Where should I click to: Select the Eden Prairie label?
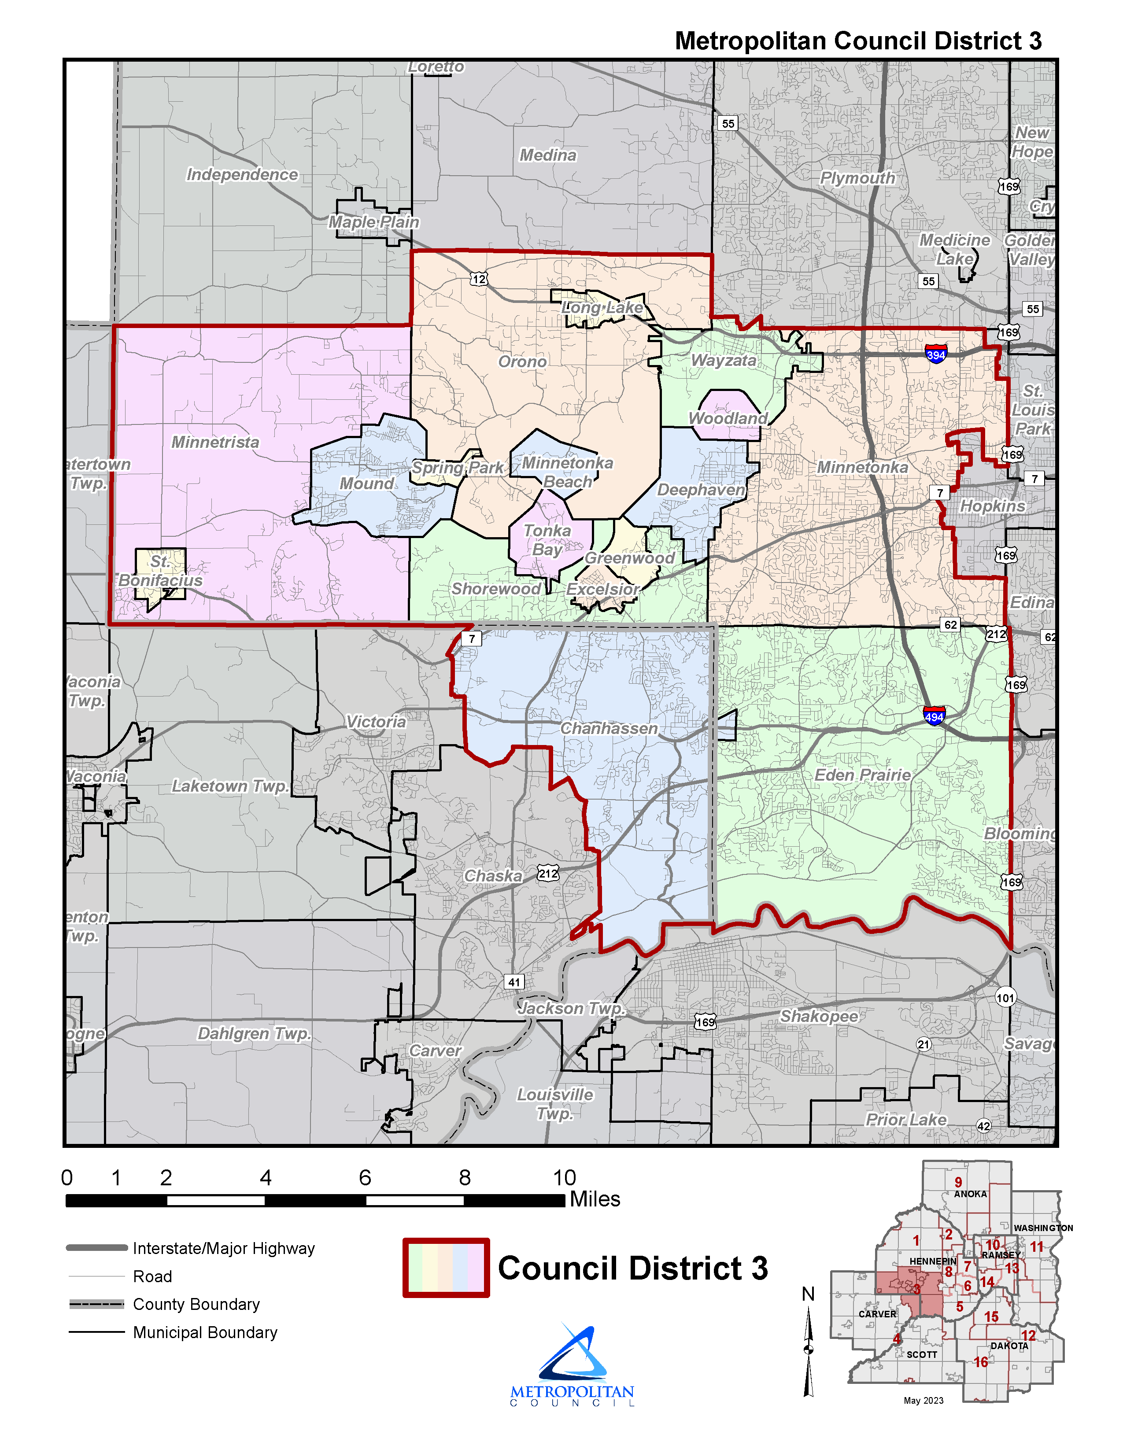pos(862,775)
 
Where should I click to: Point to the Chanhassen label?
pos(609,729)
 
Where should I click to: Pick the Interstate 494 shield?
pos(934,716)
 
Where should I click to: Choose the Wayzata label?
pos(724,361)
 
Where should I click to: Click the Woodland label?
pos(728,418)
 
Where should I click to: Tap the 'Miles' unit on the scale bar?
pos(595,1199)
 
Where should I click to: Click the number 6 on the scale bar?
pos(365,1177)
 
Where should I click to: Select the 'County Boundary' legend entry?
pos(196,1304)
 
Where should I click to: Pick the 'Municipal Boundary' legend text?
pos(205,1333)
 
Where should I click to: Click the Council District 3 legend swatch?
pos(446,1267)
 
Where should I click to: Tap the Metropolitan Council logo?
pos(572,1364)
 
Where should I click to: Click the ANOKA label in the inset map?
pos(970,1194)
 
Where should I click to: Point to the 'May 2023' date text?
pos(924,1401)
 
